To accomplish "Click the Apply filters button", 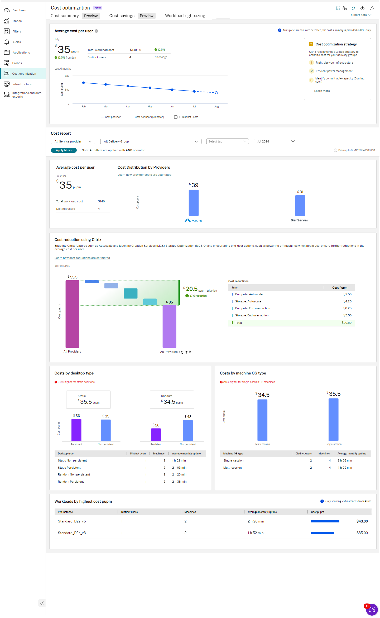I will coord(64,150).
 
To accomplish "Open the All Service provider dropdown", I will coord(73,141).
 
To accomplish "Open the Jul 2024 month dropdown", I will coord(276,141).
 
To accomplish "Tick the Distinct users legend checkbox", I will coord(176,117).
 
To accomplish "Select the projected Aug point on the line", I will coord(216,93).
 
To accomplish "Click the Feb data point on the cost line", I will coord(84,83).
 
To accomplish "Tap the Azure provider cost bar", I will coord(194,203).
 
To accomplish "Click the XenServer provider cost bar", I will coord(300,205).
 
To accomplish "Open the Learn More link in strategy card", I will coord(322,91).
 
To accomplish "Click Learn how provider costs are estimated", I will coord(144,175).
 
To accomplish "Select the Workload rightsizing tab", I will coord(185,16).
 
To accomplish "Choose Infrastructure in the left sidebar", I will coord(22,84).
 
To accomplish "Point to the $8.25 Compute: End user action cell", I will coord(347,308).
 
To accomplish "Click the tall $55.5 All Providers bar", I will coord(72,314).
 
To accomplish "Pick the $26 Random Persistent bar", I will coord(156,435).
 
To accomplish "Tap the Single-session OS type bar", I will coord(333,420).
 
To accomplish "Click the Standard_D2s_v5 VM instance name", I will coord(72,521).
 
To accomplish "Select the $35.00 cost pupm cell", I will coord(362,533).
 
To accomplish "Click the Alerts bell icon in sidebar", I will coord(7,42).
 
